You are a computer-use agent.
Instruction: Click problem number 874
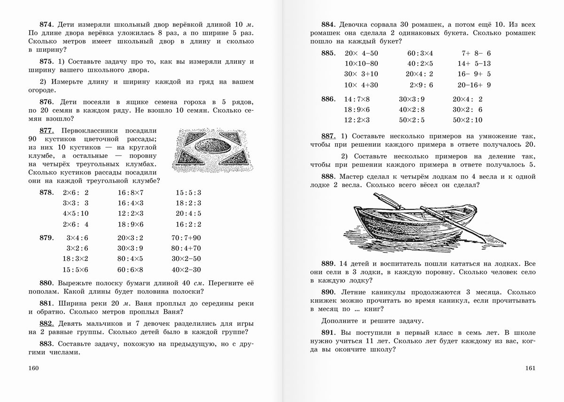pos(47,24)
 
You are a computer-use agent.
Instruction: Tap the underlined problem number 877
pos(47,131)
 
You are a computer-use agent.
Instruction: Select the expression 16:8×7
pos(131,193)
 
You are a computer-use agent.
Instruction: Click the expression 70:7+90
pos(186,237)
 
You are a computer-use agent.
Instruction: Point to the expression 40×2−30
pos(186,270)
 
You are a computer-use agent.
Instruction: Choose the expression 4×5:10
pos(75,213)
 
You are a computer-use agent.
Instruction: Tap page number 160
pos(34,368)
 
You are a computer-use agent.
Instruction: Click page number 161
pos(530,368)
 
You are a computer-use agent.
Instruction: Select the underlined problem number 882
pos(47,323)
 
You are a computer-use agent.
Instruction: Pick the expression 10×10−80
pos(361,63)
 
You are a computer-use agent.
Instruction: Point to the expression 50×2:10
pos(468,120)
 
